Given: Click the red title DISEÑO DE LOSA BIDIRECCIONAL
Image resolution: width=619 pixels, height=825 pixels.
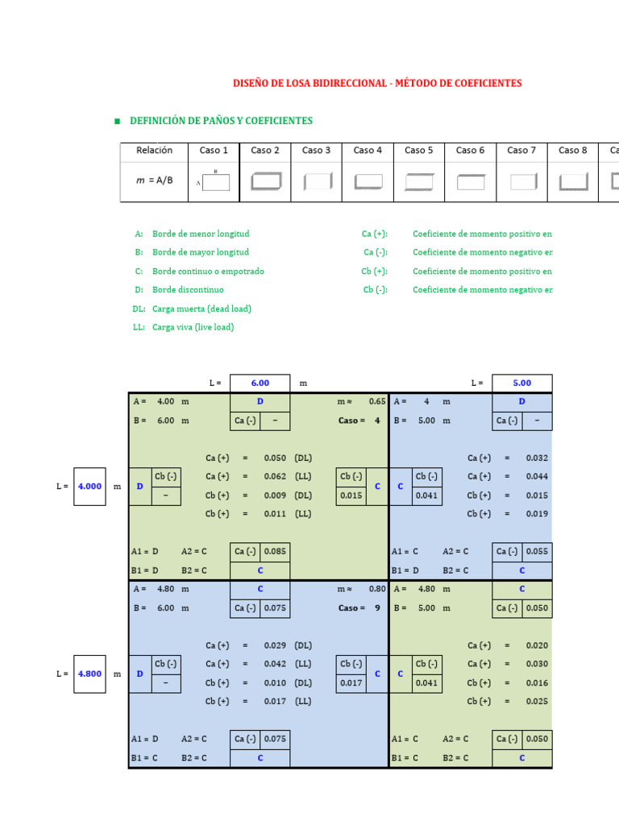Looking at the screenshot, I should tap(377, 83).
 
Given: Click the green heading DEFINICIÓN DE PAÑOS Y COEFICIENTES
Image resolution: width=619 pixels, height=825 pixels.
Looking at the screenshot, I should tap(221, 121).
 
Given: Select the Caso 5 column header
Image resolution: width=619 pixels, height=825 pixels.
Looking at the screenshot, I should tap(419, 151).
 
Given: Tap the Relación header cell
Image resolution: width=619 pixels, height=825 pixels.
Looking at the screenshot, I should tap(155, 151).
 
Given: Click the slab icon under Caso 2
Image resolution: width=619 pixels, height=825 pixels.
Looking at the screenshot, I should tap(265, 181).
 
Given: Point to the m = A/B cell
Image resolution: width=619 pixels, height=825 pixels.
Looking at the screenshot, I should tap(155, 181).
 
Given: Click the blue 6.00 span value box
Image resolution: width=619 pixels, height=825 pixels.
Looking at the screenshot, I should tap(260, 383).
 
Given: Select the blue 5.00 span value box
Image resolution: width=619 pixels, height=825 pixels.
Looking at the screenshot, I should tap(521, 383).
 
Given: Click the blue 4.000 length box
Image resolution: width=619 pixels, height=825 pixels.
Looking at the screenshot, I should tap(89, 487).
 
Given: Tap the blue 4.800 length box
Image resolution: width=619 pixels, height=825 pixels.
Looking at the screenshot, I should tap(89, 674).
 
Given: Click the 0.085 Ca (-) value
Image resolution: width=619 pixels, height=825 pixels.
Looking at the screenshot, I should tap(275, 552).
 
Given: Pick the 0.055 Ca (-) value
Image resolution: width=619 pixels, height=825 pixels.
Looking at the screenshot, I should tap(537, 552).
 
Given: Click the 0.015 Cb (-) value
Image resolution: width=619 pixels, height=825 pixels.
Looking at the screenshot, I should tap(351, 495).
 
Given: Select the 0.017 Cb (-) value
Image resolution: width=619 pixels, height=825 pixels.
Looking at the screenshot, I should tap(351, 682).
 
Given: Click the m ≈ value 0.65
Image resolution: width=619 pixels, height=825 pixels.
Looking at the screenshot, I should tap(377, 401).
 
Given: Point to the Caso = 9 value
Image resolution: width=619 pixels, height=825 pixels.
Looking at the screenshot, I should tap(376, 608).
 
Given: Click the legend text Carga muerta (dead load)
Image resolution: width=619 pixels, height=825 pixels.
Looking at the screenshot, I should tap(201, 309).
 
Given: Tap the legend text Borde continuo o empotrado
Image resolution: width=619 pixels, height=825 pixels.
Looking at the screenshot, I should tap(208, 272).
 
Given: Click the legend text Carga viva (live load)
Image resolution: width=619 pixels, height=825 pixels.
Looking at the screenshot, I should tap(193, 327).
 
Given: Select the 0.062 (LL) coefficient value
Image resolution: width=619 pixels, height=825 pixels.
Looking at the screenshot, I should tap(275, 477).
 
